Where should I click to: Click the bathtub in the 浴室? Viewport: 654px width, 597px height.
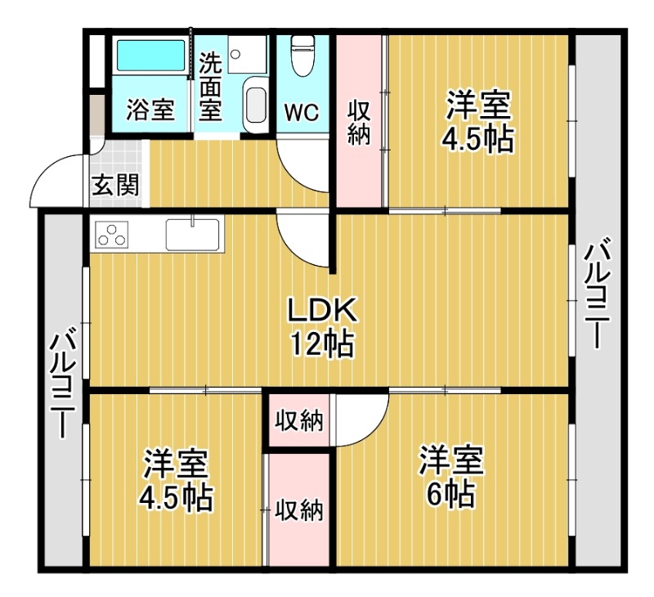pyautogui.click(x=150, y=55)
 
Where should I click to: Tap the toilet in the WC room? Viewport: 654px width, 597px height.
pyautogui.click(x=302, y=55)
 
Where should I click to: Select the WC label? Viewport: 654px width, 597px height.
pyautogui.click(x=302, y=112)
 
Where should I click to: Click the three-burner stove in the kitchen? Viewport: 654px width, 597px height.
pyautogui.click(x=112, y=235)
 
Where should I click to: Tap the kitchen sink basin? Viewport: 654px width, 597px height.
pyautogui.click(x=192, y=235)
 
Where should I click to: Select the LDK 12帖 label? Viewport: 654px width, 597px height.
pyautogui.click(x=322, y=326)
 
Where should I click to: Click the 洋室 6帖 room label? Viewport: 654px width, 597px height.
pyautogui.click(x=451, y=476)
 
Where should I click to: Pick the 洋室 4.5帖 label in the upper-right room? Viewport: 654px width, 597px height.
pyautogui.click(x=478, y=121)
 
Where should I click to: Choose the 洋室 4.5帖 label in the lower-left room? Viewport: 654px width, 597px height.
pyautogui.click(x=176, y=480)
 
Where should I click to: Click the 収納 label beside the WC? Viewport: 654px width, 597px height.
pyautogui.click(x=359, y=123)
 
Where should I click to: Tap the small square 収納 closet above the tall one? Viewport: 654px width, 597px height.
pyautogui.click(x=299, y=420)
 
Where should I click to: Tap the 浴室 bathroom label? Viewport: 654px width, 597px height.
pyautogui.click(x=150, y=110)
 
